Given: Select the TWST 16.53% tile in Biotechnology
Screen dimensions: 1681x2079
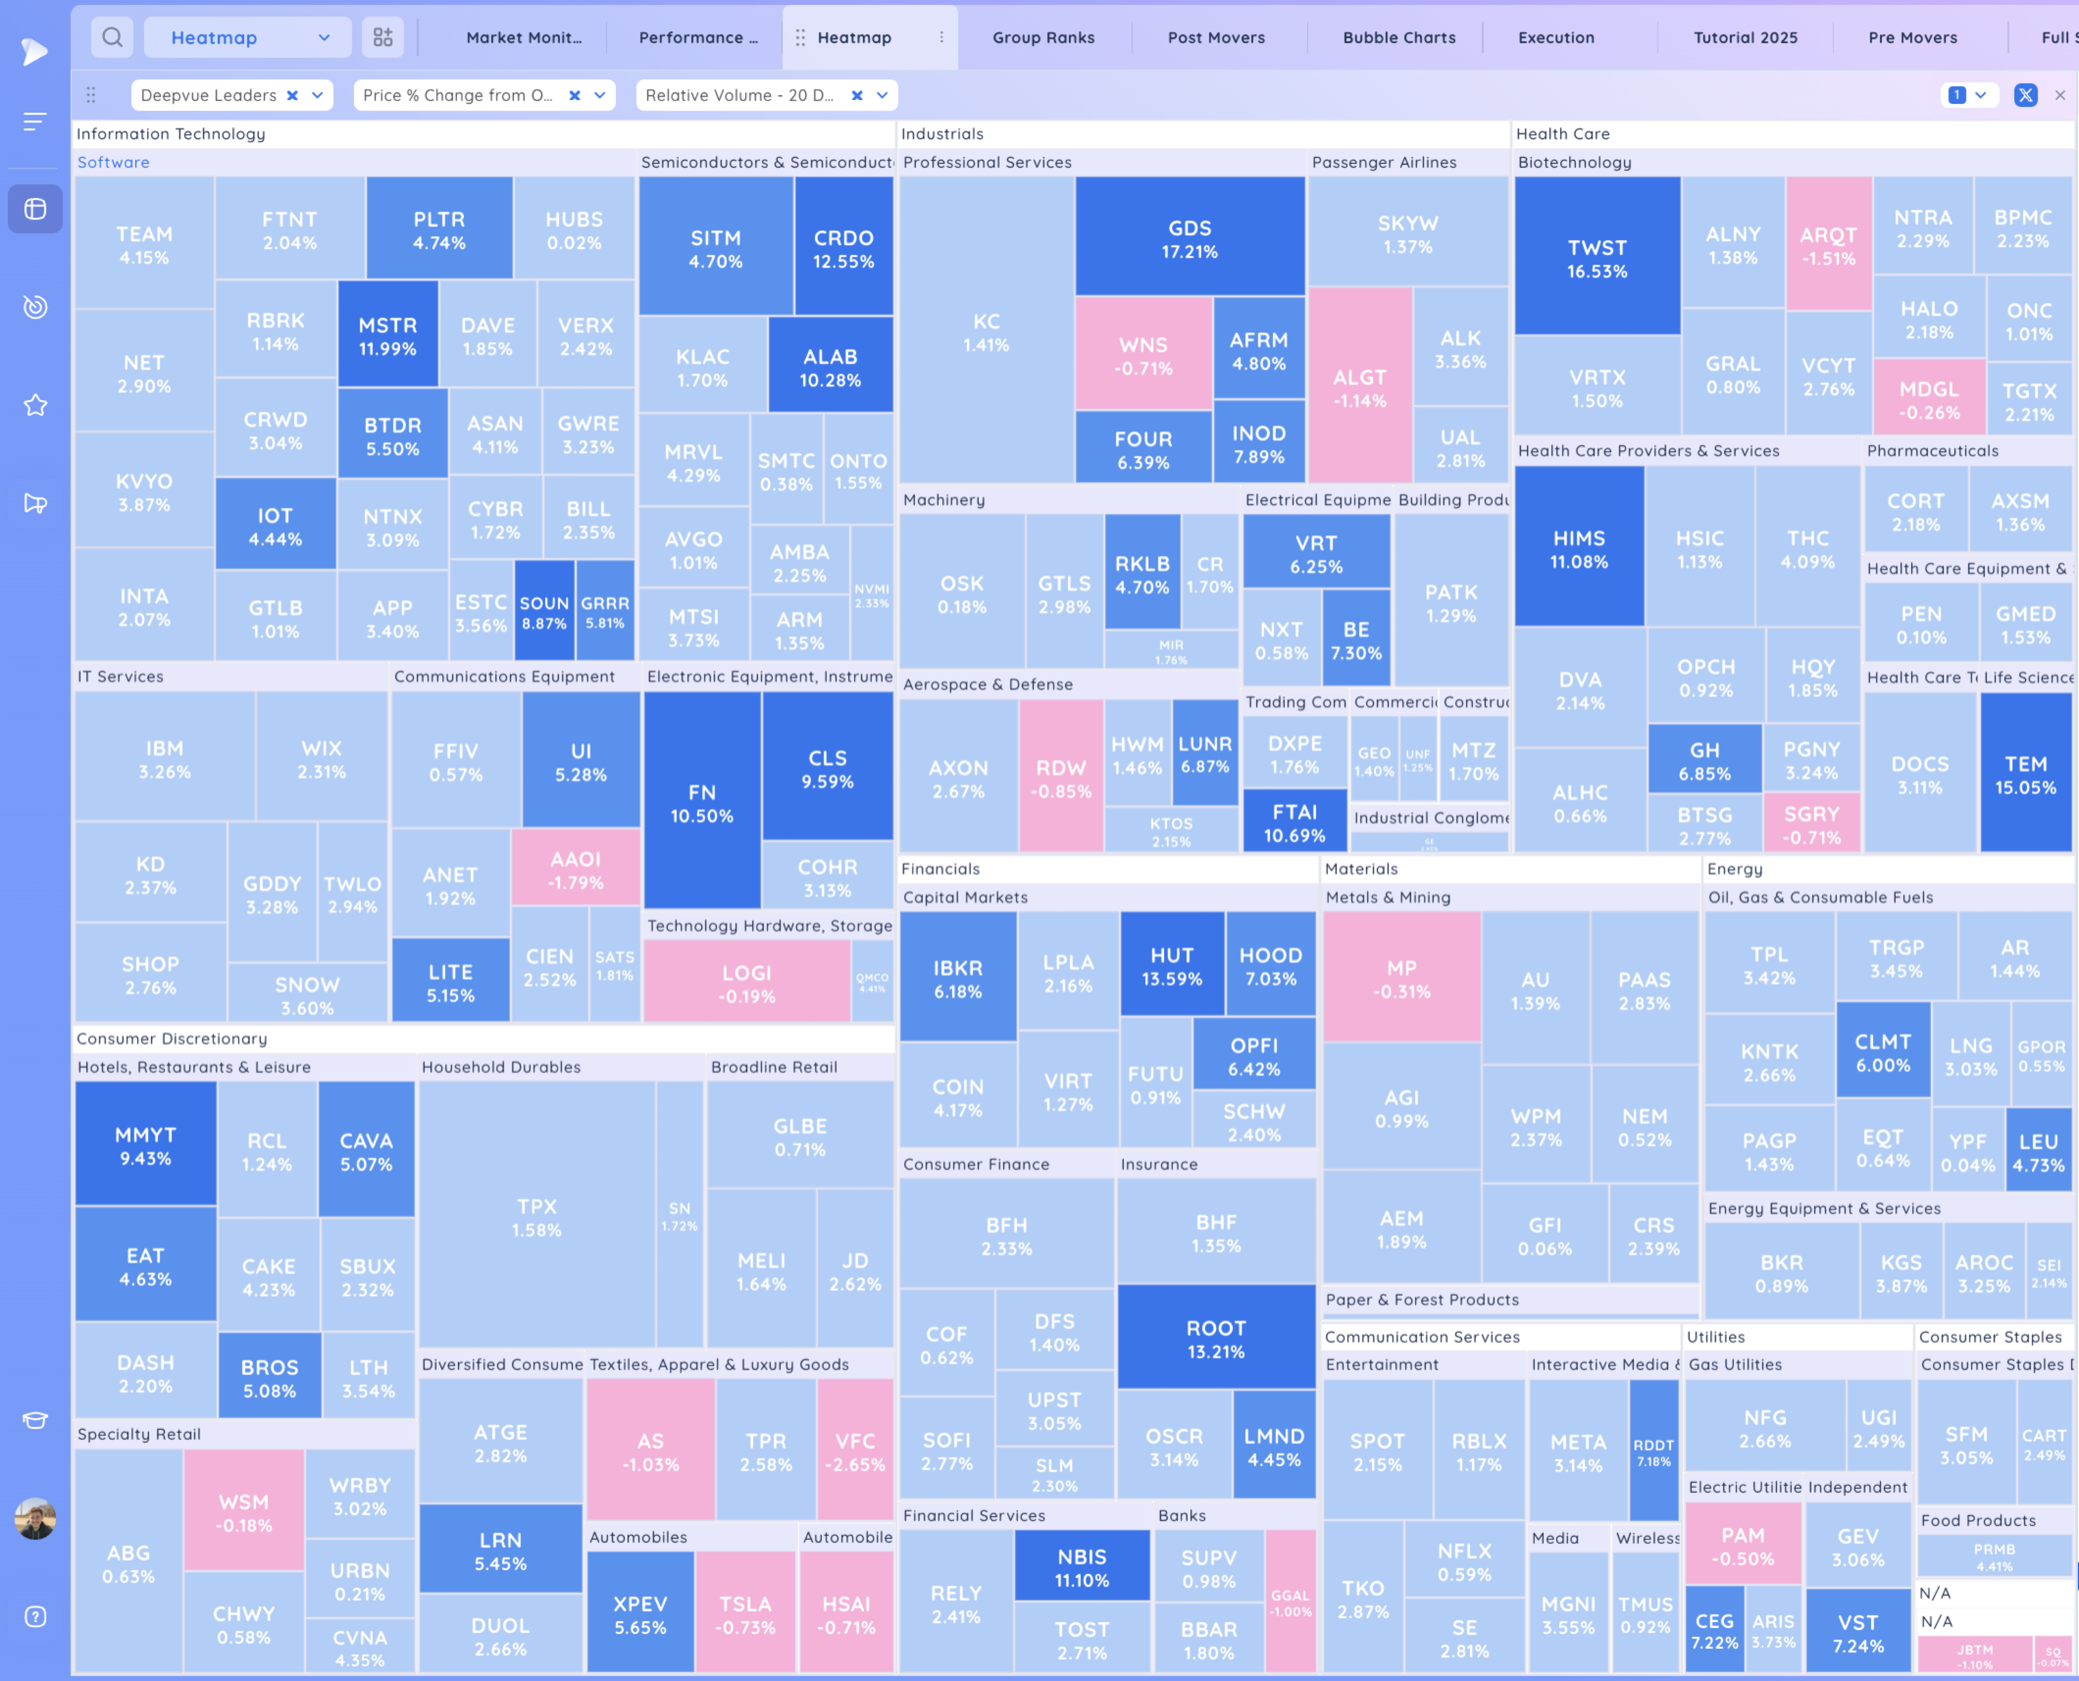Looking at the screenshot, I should (1597, 258).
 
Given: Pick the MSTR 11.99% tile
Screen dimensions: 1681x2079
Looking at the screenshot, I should (387, 335).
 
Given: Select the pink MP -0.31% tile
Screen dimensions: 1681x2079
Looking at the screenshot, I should (1401, 978).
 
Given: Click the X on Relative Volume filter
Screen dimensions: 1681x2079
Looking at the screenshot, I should (856, 95).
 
